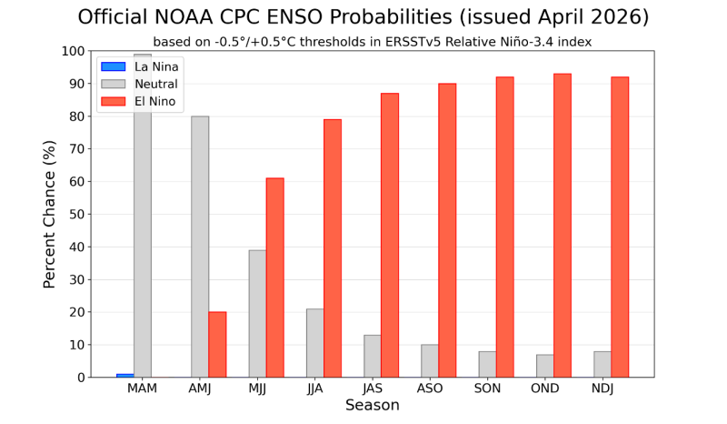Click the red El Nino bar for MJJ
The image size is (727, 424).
[274, 278]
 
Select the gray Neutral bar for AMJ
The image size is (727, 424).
[200, 247]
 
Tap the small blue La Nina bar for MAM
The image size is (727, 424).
[124, 375]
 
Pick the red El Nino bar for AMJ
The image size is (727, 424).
[217, 344]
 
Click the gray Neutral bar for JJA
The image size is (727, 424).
[314, 343]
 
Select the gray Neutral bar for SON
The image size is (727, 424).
[487, 364]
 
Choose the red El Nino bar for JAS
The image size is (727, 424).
[390, 235]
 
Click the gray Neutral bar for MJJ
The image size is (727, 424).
[257, 314]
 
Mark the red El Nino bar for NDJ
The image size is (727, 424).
[620, 227]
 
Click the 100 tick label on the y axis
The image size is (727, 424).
[74, 51]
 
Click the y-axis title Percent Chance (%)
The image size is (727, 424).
[50, 214]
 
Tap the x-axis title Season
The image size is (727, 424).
[373, 406]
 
